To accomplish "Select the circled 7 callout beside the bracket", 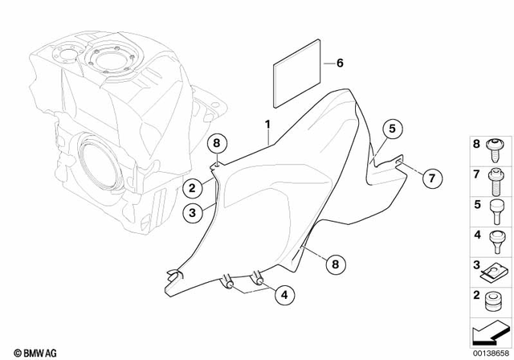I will [x=430, y=176].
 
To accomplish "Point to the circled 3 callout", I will [x=192, y=213].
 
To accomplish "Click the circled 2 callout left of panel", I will [x=192, y=189].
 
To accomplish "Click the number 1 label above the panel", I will [x=269, y=126].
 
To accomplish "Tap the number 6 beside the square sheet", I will [x=340, y=63].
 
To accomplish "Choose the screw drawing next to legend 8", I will [x=496, y=146].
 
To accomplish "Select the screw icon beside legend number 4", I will [x=496, y=238].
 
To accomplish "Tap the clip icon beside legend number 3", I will [x=494, y=268].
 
